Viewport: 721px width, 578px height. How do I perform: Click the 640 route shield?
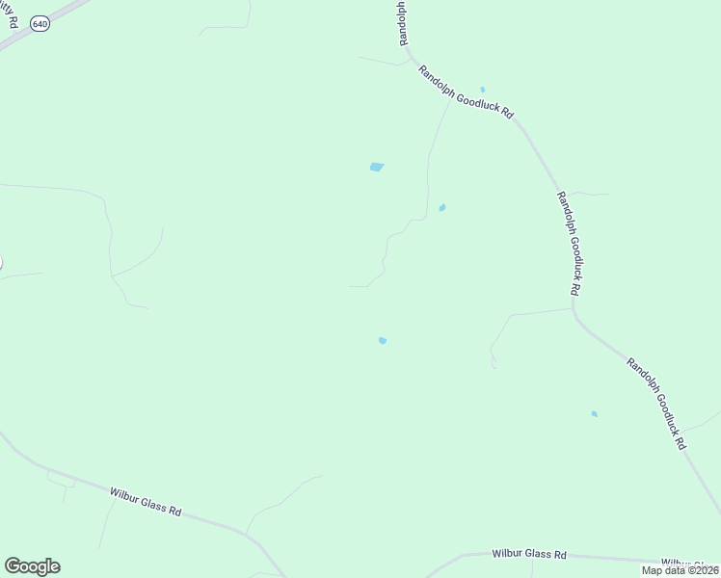click(39, 22)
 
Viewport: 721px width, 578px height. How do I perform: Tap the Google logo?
click(32, 566)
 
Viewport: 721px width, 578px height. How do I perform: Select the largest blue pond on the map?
click(377, 167)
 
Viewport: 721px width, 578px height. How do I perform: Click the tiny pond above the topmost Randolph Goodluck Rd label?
click(482, 90)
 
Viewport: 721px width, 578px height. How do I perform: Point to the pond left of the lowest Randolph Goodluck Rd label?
click(594, 414)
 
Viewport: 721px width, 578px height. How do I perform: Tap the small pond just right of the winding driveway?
click(442, 207)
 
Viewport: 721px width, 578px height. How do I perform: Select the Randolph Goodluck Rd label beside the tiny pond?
click(466, 92)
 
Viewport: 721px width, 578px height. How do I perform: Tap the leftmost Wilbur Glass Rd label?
click(145, 500)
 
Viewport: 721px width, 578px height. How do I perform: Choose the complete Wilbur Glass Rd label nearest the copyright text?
click(528, 555)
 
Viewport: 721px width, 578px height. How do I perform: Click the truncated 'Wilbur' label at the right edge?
click(689, 564)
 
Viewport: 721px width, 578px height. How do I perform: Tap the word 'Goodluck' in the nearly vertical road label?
click(571, 247)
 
